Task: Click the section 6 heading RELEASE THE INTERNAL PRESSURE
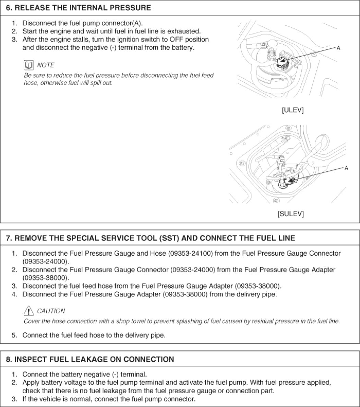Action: coord(79,8)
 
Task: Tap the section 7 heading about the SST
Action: coord(151,238)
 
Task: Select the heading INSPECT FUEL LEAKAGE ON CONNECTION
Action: coord(90,359)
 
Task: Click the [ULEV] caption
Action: coord(292,110)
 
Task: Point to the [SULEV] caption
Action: coord(290,213)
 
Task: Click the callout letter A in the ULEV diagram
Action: coord(338,48)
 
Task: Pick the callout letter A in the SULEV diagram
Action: coord(346,168)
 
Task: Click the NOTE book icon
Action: coord(28,65)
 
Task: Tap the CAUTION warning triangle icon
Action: coord(28,311)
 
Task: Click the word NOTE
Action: coord(46,65)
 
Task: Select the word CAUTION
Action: coord(51,311)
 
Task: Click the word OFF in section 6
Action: coord(176,39)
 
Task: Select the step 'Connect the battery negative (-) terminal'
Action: coord(84,374)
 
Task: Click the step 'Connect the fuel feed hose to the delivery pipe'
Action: coord(94,335)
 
